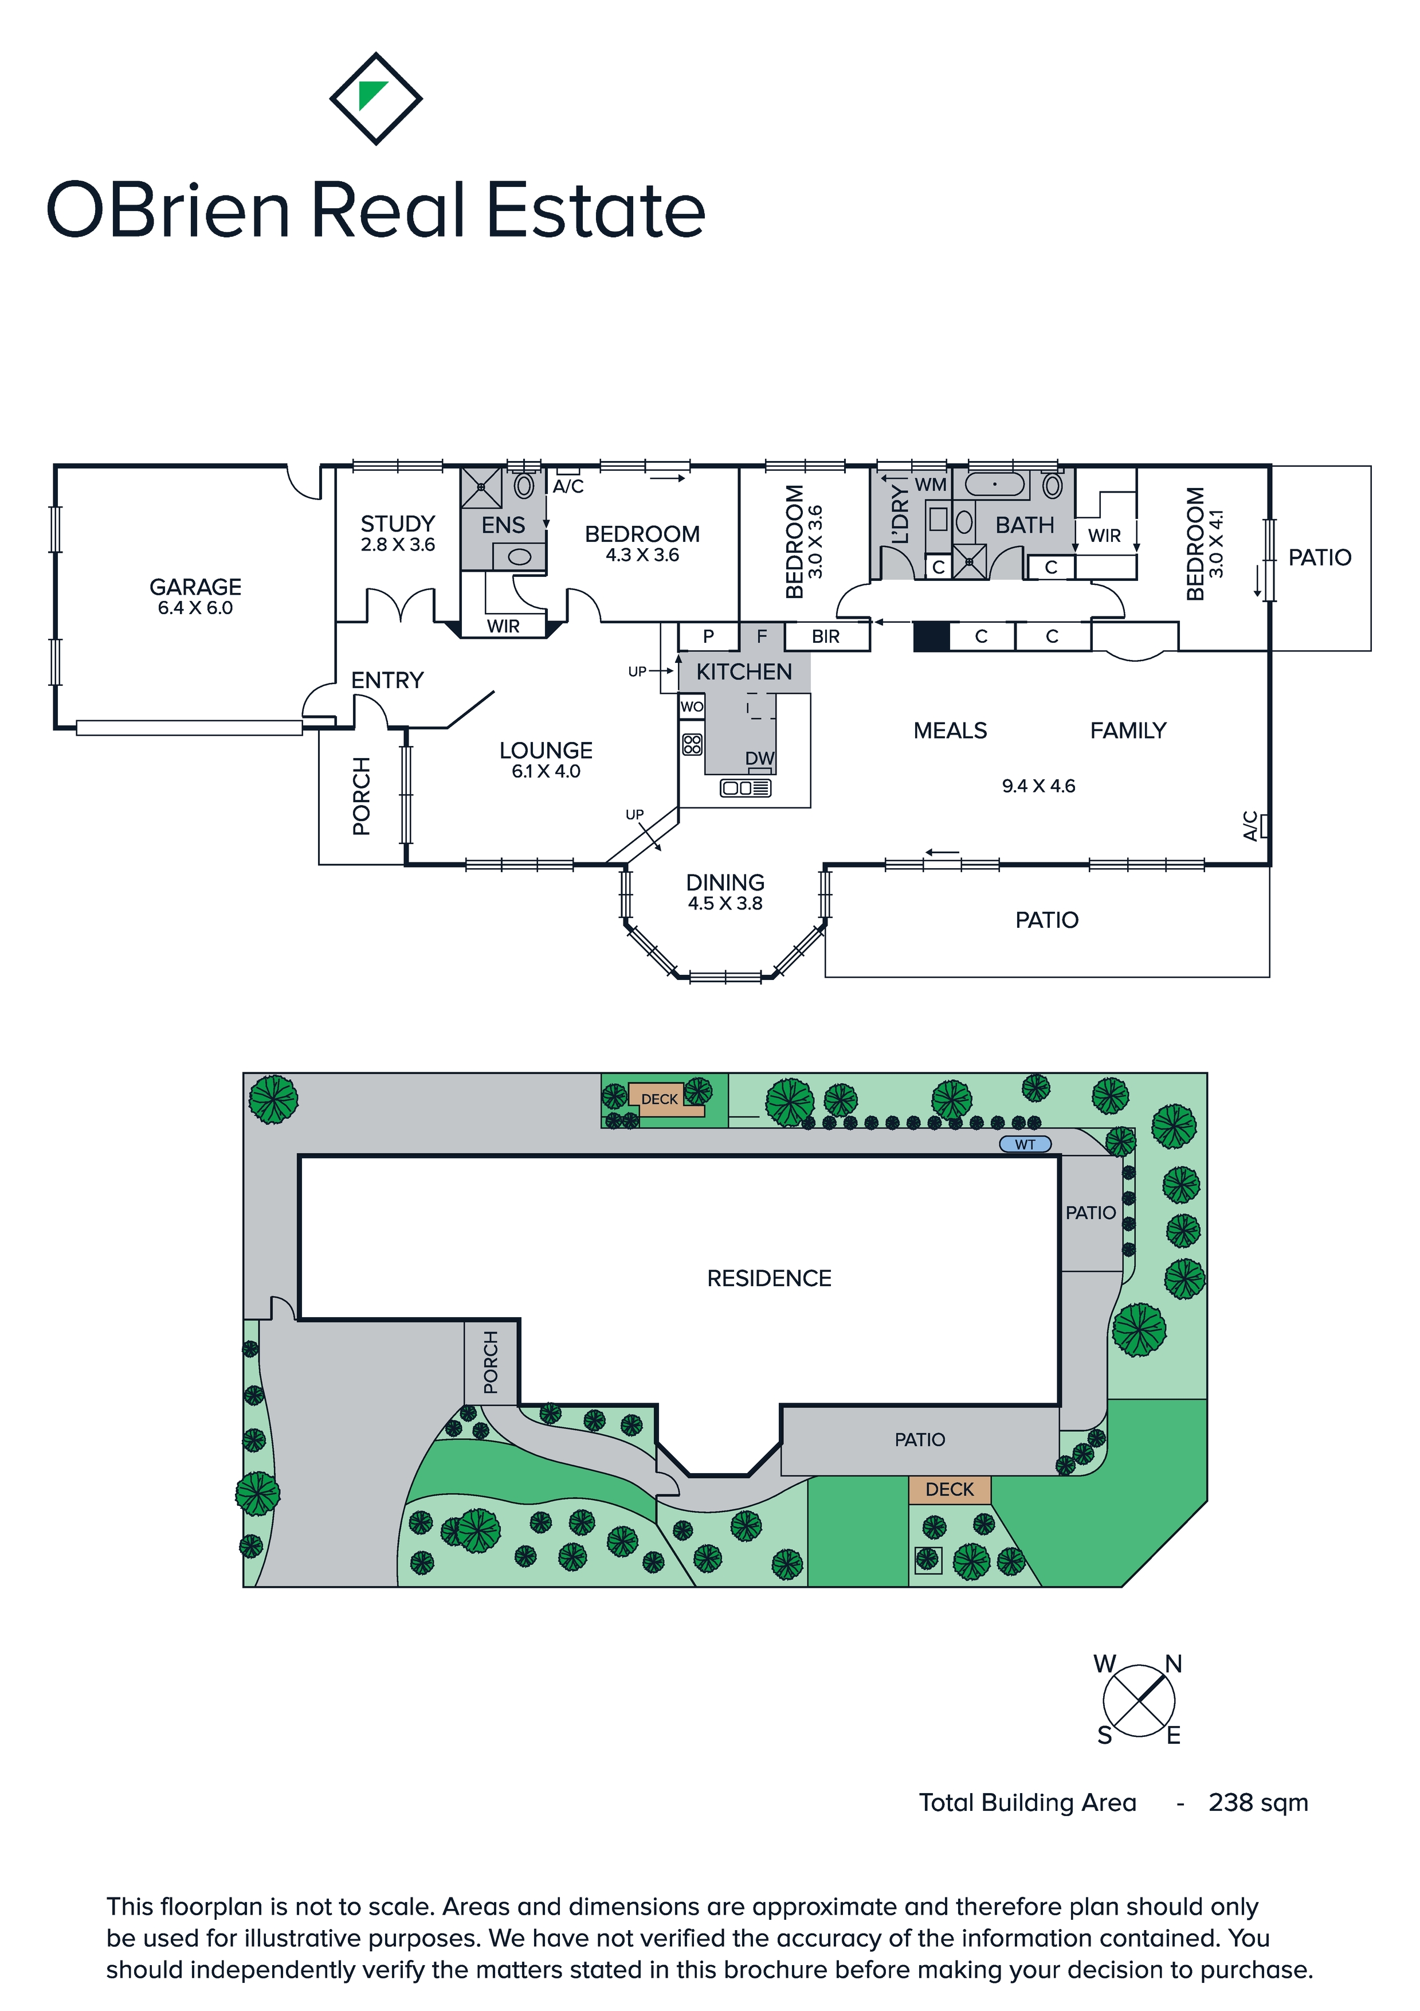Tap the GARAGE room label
click(x=195, y=587)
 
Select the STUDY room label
click(x=398, y=524)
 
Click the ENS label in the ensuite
click(x=503, y=525)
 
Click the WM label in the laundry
click(x=931, y=485)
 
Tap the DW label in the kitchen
click(x=759, y=759)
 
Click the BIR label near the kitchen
click(x=826, y=637)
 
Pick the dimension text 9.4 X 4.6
click(x=1038, y=786)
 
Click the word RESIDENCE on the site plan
click(x=768, y=1278)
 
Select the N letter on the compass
click(x=1173, y=1664)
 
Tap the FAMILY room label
click(x=1128, y=731)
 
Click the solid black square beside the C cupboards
click(x=931, y=637)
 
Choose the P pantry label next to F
click(x=708, y=637)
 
